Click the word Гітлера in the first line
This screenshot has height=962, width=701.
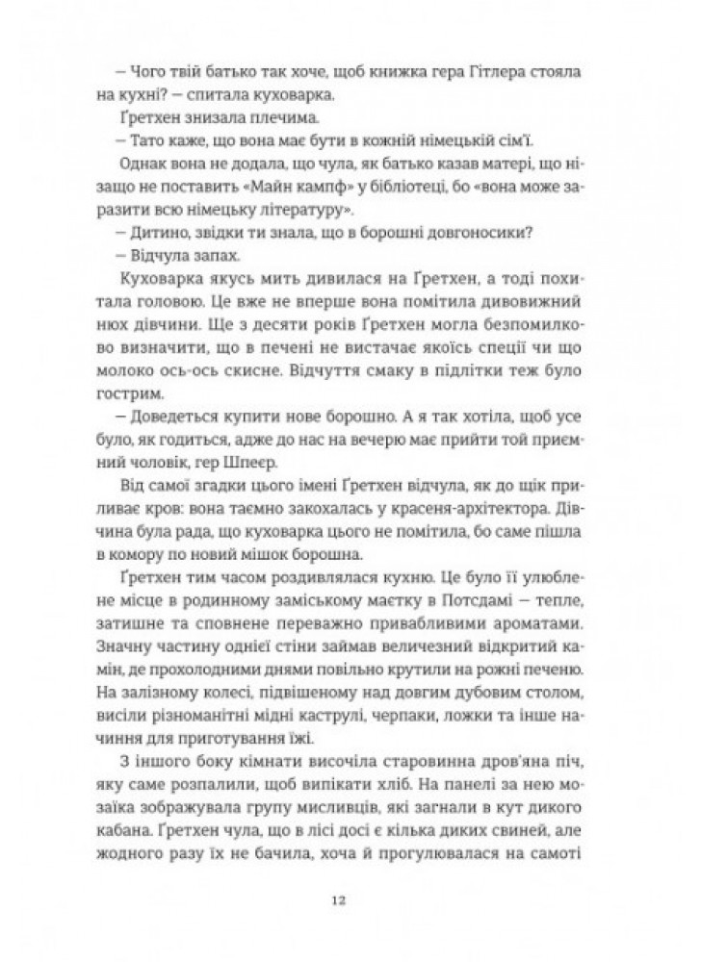pyautogui.click(x=480, y=73)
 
